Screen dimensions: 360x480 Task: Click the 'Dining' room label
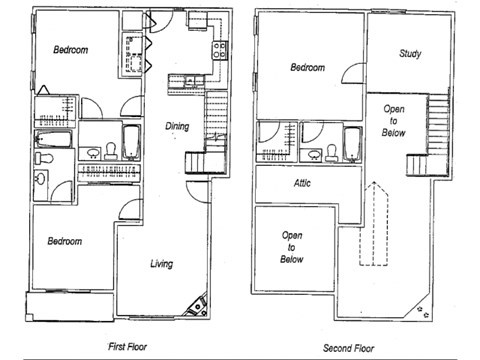tap(177, 126)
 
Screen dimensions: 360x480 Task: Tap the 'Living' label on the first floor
tap(163, 264)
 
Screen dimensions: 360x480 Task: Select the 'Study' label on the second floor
tap(408, 53)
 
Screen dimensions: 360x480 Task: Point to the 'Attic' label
tap(302, 183)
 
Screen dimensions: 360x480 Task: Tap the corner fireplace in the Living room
tap(198, 304)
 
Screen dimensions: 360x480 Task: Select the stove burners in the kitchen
tap(219, 50)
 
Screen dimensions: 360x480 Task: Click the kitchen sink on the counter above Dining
tap(189, 83)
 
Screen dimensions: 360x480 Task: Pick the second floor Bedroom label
tap(308, 68)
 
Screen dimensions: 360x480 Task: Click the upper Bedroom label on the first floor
tap(71, 50)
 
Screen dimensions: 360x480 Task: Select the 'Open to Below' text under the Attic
tap(292, 246)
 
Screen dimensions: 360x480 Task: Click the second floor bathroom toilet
tap(329, 153)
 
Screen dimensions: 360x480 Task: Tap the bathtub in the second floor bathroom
tap(352, 142)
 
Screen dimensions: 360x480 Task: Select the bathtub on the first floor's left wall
tap(54, 140)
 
